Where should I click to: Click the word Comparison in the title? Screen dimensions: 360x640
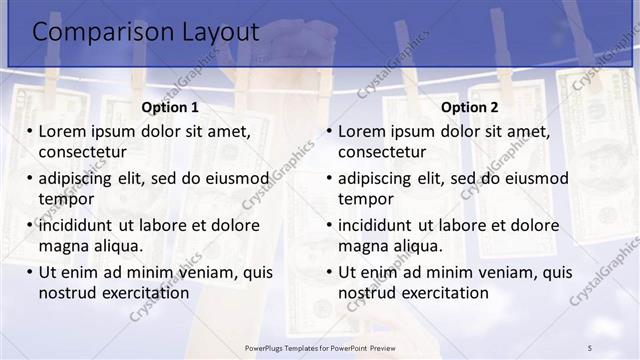point(89,32)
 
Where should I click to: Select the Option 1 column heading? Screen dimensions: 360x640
point(170,108)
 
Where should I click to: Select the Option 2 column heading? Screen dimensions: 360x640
point(470,108)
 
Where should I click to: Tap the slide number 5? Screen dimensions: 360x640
point(590,346)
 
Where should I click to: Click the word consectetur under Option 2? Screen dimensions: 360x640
point(382,152)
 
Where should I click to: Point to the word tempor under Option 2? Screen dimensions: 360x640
point(366,199)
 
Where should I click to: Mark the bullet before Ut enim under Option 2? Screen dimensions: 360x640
point(329,272)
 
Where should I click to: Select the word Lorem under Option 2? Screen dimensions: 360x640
point(362,131)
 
